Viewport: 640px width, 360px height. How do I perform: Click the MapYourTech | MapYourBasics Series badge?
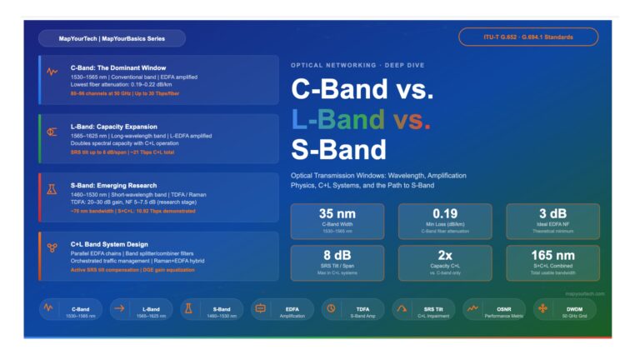pyautogui.click(x=112, y=38)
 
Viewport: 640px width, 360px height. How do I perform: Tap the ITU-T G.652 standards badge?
pyautogui.click(x=527, y=37)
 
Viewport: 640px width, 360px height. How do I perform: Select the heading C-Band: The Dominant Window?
pyautogui.click(x=118, y=67)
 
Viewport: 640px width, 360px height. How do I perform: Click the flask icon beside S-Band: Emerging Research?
pyautogui.click(x=52, y=190)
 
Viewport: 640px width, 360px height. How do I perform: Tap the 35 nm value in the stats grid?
pyautogui.click(x=337, y=213)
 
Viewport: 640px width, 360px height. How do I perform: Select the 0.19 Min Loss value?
pyautogui.click(x=445, y=213)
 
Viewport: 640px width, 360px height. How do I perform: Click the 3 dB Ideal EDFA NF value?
pyautogui.click(x=552, y=213)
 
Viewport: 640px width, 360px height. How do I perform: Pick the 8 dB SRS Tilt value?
pyautogui.click(x=337, y=255)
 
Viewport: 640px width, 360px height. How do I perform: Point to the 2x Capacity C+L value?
pyautogui.click(x=445, y=255)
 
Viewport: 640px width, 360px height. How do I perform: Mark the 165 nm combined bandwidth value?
pyautogui.click(x=552, y=255)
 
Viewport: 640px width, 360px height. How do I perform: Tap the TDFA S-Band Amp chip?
pyautogui.click(x=352, y=310)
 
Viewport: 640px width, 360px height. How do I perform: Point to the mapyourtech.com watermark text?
pyautogui.click(x=584, y=293)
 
